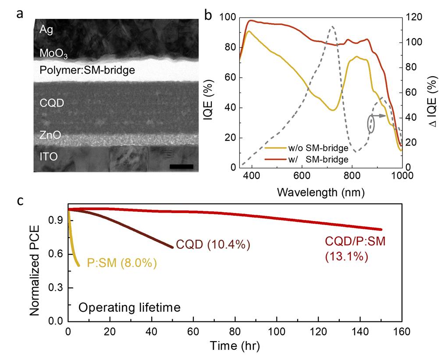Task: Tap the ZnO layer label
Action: [x=50, y=135]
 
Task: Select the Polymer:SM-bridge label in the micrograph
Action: [x=87, y=70]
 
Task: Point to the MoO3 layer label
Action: [x=53, y=53]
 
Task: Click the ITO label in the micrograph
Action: [x=49, y=157]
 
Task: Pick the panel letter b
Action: [x=209, y=14]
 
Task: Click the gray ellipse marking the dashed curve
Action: [x=371, y=124]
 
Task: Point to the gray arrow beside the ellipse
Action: [x=380, y=116]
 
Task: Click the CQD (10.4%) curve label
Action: [x=213, y=245]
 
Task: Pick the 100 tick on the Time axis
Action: [x=277, y=331]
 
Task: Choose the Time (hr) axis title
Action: [x=235, y=346]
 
